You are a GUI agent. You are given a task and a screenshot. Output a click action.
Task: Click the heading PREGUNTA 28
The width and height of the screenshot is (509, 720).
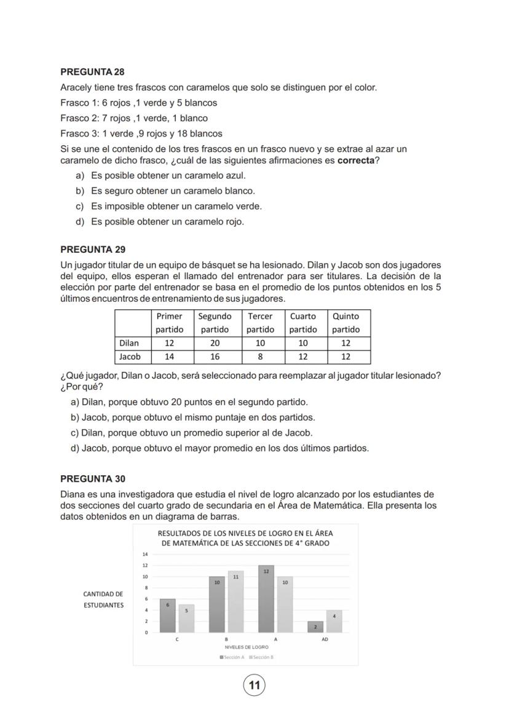tap(92, 72)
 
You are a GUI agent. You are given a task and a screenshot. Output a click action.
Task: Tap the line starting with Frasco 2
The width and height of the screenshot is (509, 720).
tap(134, 118)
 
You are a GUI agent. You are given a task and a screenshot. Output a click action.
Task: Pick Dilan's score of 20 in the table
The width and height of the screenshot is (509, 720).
tap(215, 343)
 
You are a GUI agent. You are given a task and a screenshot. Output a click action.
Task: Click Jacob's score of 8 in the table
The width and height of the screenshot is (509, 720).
tap(261, 357)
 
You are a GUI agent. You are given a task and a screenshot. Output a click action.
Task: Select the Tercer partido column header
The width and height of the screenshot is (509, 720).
tap(261, 323)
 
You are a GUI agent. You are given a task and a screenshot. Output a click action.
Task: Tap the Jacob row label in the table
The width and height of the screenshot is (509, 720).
tap(130, 357)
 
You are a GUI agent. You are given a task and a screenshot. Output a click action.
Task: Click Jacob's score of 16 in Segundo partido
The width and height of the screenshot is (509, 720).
tap(215, 357)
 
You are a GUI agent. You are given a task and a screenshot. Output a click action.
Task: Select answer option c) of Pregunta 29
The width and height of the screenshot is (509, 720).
tap(192, 433)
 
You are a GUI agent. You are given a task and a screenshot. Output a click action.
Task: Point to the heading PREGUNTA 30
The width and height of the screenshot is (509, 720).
tap(93, 478)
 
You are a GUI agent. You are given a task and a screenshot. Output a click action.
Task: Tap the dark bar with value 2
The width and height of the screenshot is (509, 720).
tap(315, 627)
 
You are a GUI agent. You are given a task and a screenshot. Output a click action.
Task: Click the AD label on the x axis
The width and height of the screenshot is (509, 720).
tap(325, 639)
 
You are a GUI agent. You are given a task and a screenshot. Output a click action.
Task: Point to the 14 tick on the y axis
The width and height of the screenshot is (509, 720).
tap(145, 554)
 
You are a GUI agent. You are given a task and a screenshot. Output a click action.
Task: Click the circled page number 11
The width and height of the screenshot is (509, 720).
tap(254, 685)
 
